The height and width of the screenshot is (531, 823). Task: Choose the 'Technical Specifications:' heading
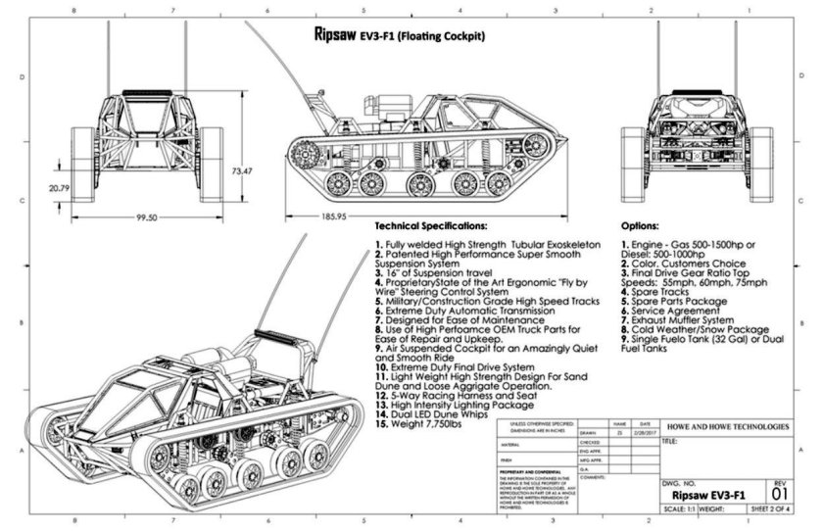click(430, 225)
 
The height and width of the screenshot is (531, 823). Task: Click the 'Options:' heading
click(647, 225)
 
